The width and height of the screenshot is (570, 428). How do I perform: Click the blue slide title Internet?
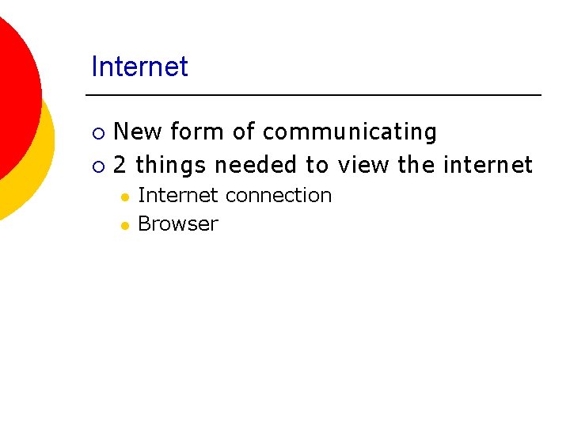pos(139,67)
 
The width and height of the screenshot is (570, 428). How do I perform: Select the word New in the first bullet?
pos(138,132)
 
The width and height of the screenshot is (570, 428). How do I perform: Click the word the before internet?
pos(416,165)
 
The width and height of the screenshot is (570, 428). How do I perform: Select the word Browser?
pos(177,224)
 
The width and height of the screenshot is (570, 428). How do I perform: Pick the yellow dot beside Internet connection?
pos(124,197)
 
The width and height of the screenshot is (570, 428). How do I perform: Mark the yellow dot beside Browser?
pos(124,225)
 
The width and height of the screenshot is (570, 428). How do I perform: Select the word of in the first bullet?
pos(242,132)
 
